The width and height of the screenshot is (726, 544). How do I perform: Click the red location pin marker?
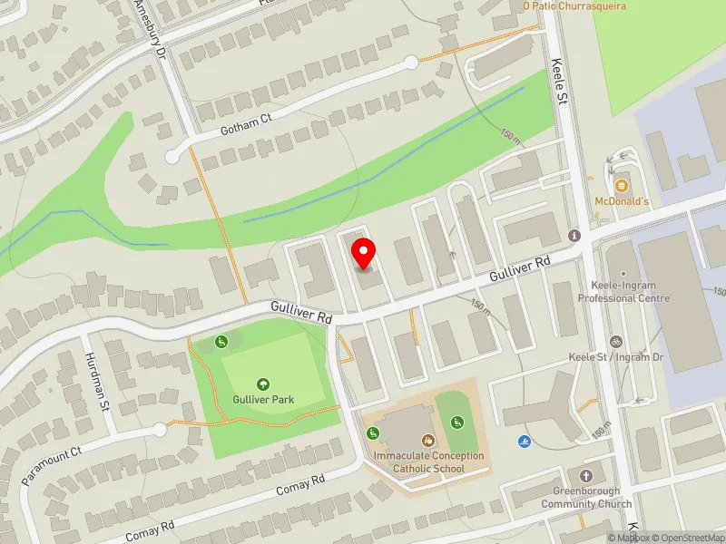(x=365, y=253)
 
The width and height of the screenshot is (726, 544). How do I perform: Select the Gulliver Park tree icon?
(x=264, y=384)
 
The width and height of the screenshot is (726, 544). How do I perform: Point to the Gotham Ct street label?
(x=245, y=124)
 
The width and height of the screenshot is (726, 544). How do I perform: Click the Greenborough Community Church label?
(x=587, y=498)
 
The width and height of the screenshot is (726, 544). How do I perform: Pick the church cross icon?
(x=586, y=476)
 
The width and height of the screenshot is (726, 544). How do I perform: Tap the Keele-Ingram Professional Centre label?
(x=623, y=292)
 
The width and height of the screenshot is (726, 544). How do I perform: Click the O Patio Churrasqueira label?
(x=574, y=5)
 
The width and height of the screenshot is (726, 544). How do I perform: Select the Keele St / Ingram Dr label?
(x=616, y=357)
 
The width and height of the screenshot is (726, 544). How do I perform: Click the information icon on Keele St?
(x=574, y=236)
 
